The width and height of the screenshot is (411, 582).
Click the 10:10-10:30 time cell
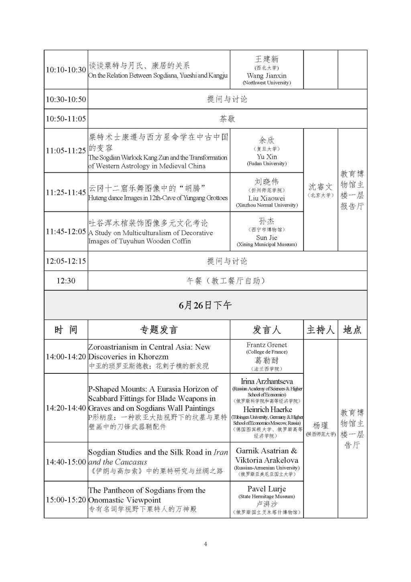[x=66, y=70]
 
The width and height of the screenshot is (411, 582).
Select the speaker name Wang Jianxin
[x=267, y=76]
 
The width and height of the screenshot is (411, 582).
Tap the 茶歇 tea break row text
[x=227, y=119]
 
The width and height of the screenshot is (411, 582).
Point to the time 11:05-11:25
[x=66, y=151]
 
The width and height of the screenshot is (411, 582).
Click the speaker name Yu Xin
[x=267, y=157]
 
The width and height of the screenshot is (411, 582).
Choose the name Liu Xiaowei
[x=267, y=198]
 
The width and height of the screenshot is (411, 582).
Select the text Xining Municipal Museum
[x=267, y=244]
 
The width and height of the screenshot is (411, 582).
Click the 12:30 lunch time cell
[x=66, y=281]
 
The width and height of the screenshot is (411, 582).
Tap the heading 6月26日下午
[x=205, y=305]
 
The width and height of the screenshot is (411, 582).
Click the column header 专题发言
[x=159, y=330]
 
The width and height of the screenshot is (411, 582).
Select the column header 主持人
[x=320, y=330]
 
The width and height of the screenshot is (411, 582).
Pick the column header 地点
[x=352, y=330]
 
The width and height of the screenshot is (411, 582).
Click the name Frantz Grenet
[x=267, y=345]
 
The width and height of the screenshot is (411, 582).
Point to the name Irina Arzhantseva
[x=267, y=381]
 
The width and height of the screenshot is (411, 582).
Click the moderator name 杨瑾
[x=320, y=426]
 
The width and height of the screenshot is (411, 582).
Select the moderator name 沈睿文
[x=320, y=187]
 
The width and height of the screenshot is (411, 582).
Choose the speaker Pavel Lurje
[x=267, y=489]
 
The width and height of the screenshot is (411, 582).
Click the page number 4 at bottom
[x=205, y=544]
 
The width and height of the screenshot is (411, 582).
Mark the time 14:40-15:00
[x=66, y=462]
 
